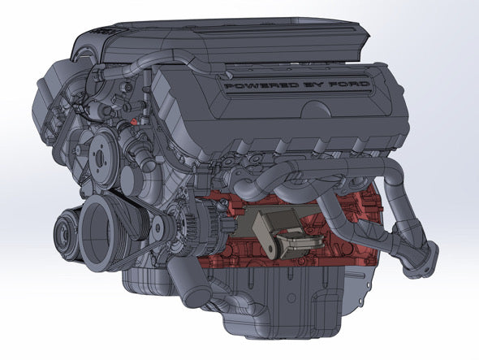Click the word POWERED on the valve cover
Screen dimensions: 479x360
pos(261,86)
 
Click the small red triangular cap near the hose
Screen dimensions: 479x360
pos(133,121)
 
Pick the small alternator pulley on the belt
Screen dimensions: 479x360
pos(158,227)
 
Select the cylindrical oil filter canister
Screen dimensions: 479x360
pos(189,281)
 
